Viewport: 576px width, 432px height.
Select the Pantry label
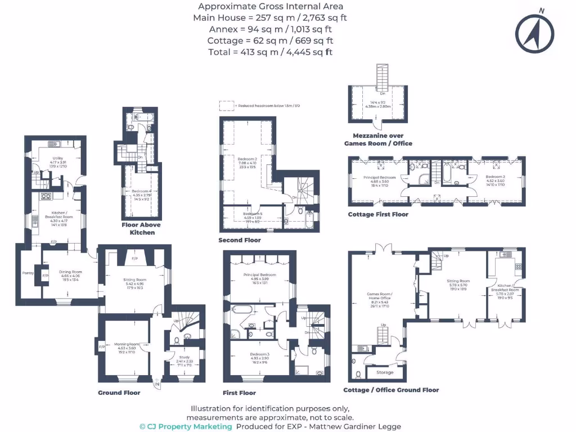tap(28, 273)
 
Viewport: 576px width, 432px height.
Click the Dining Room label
tap(70, 272)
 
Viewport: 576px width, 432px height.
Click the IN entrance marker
tap(157, 385)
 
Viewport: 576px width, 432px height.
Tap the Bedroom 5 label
tap(253, 214)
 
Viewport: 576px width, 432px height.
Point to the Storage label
tap(385, 372)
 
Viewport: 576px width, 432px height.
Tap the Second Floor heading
tap(240, 240)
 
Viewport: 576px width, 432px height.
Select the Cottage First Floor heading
tap(378, 214)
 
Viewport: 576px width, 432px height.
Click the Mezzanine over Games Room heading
tap(378, 139)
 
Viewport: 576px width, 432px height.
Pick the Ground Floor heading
tap(119, 393)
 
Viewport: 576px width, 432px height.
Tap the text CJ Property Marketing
tap(186, 426)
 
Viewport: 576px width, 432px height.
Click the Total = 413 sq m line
tap(270, 52)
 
